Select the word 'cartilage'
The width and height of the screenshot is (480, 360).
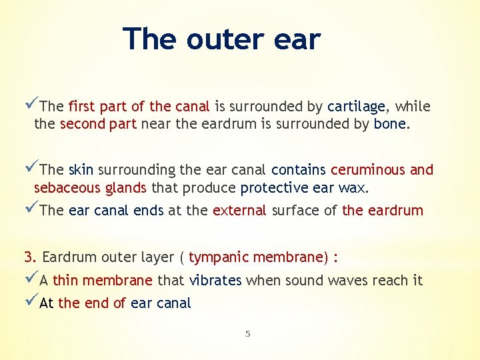(356, 107)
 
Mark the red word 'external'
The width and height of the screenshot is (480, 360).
(239, 211)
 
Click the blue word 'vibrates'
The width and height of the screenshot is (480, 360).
(215, 281)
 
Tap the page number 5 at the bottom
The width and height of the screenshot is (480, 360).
(247, 333)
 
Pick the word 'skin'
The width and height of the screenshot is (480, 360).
(81, 170)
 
